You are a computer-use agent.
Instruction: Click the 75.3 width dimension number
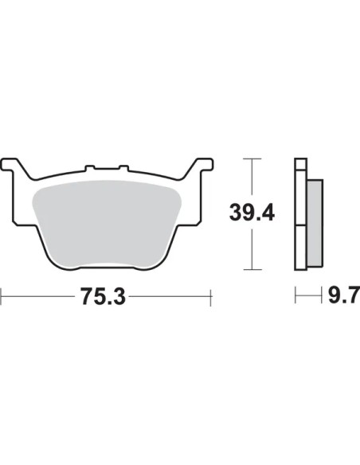[x=103, y=296]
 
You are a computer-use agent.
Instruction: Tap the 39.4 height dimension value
[x=252, y=213]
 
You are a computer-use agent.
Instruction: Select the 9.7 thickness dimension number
[x=344, y=295]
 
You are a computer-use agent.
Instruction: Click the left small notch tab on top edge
[x=89, y=168]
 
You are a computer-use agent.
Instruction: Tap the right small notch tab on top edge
[x=123, y=168]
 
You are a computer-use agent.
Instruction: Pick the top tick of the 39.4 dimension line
[x=252, y=159]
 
